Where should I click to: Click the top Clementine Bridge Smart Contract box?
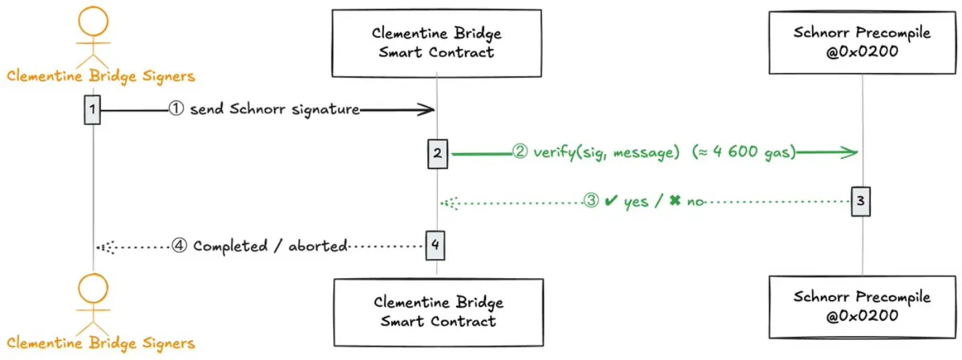pos(436,43)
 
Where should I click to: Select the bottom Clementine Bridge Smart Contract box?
pos(438,311)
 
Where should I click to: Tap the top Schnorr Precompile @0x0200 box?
pos(862,42)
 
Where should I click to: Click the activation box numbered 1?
pos(93,109)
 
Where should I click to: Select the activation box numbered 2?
pos(437,153)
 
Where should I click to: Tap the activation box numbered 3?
pos(861,201)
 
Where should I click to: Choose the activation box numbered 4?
pos(435,245)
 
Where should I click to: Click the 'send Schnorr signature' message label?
pos(274,109)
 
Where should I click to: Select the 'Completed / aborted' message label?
pos(269,246)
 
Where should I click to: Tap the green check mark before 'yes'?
pos(609,202)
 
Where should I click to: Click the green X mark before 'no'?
pos(674,202)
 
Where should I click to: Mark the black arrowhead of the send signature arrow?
pos(427,109)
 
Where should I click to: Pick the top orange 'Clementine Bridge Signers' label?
pos(101,76)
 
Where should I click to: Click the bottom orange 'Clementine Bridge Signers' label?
pos(101,343)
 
